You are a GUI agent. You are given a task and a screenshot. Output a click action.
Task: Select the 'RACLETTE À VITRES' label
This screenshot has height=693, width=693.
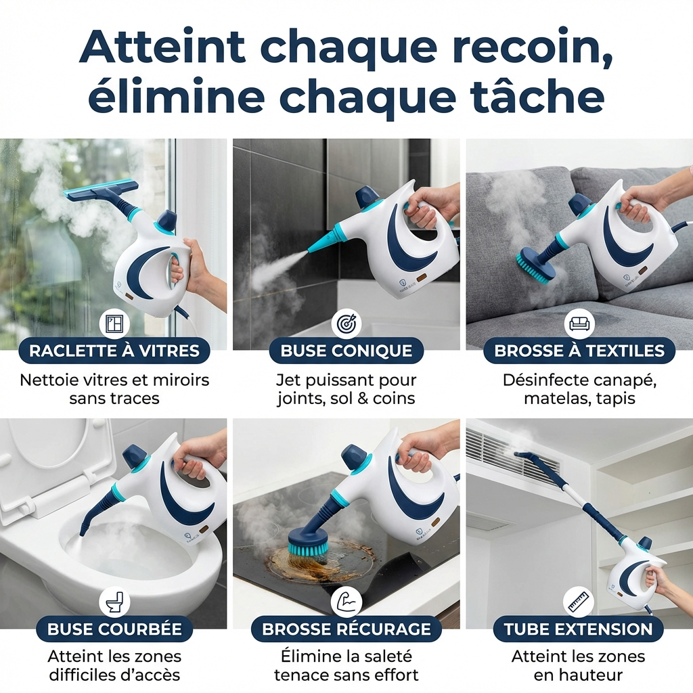click(114, 351)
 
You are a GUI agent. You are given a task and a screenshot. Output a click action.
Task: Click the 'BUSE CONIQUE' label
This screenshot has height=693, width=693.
click(346, 351)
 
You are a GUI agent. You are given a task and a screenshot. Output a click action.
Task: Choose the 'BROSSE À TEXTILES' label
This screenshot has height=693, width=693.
click(579, 351)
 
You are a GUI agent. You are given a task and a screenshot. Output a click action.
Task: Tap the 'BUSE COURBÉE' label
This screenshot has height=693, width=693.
click(114, 629)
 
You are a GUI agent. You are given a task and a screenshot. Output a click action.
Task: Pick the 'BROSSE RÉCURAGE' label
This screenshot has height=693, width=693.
click(346, 629)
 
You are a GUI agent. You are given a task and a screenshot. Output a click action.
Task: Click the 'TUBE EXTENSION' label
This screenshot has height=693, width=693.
click(578, 629)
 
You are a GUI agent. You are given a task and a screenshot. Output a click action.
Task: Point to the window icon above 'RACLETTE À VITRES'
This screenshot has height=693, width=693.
click(114, 324)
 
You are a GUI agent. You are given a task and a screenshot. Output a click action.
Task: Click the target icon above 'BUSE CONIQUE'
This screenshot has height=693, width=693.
click(346, 324)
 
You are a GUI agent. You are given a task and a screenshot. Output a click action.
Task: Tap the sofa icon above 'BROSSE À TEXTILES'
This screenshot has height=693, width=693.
click(579, 324)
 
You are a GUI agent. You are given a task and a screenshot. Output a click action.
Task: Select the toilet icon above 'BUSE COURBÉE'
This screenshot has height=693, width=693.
click(114, 602)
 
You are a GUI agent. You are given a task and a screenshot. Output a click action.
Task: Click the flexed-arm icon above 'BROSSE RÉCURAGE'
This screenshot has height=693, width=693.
click(346, 602)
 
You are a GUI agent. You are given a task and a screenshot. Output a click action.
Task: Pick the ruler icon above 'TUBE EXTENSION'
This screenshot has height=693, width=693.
click(578, 602)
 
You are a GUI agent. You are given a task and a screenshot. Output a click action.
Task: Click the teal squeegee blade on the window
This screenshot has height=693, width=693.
click(101, 190)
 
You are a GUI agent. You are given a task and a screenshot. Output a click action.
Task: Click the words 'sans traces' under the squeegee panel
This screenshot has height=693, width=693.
click(114, 398)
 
